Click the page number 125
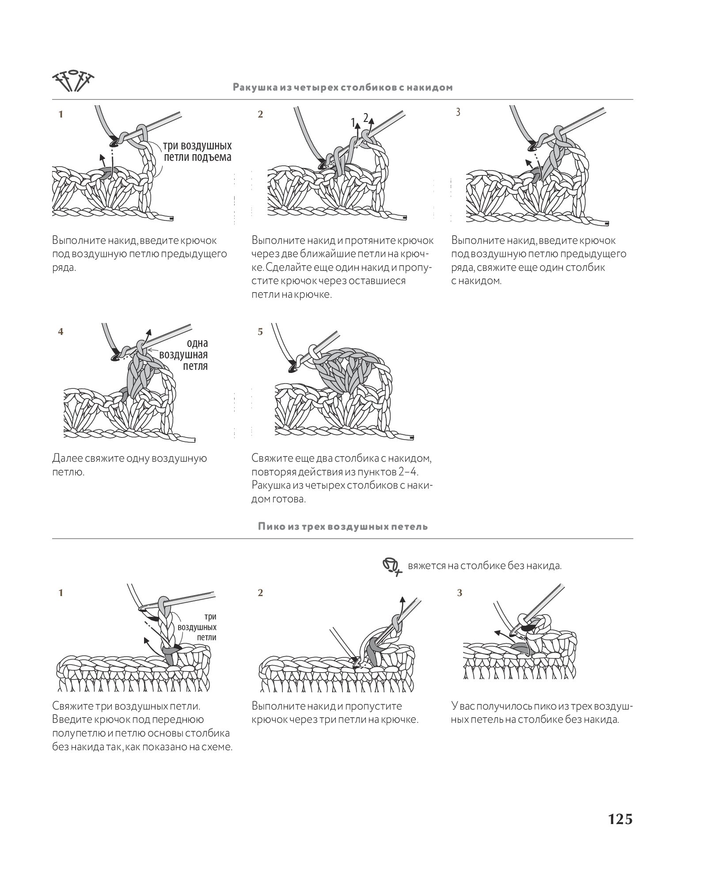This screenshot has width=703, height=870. [x=620, y=819]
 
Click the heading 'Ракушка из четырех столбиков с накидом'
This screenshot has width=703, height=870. [x=343, y=87]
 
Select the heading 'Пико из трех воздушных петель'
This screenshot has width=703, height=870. [x=343, y=526]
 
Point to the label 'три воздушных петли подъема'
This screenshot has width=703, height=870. [x=197, y=151]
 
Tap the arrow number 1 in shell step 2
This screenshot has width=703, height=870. [x=353, y=122]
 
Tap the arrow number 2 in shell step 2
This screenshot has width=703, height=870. [x=365, y=118]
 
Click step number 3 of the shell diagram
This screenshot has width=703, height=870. [x=458, y=113]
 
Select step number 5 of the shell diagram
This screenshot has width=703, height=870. [x=260, y=331]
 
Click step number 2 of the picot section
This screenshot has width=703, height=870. [x=260, y=593]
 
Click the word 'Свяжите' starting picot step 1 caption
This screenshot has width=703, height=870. [x=72, y=706]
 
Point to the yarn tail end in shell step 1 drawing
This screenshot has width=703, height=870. [x=171, y=218]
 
